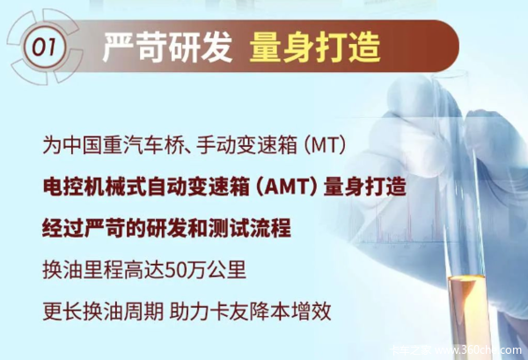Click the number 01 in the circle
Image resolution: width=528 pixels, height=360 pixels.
(43, 47)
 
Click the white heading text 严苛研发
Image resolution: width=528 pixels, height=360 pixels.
(167, 48)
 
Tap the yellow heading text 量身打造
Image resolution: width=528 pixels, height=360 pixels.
(315, 48)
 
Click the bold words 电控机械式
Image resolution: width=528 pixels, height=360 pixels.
(95, 187)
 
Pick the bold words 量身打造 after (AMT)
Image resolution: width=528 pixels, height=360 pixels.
(364, 187)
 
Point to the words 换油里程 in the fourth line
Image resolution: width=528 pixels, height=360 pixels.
(84, 269)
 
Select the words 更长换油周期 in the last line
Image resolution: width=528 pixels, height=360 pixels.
(103, 312)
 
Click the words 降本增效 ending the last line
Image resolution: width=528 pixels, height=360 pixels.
(290, 312)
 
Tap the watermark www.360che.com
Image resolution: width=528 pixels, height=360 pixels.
(478, 350)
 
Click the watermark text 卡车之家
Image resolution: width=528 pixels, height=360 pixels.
(410, 350)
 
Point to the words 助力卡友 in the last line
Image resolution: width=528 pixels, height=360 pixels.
(209, 312)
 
